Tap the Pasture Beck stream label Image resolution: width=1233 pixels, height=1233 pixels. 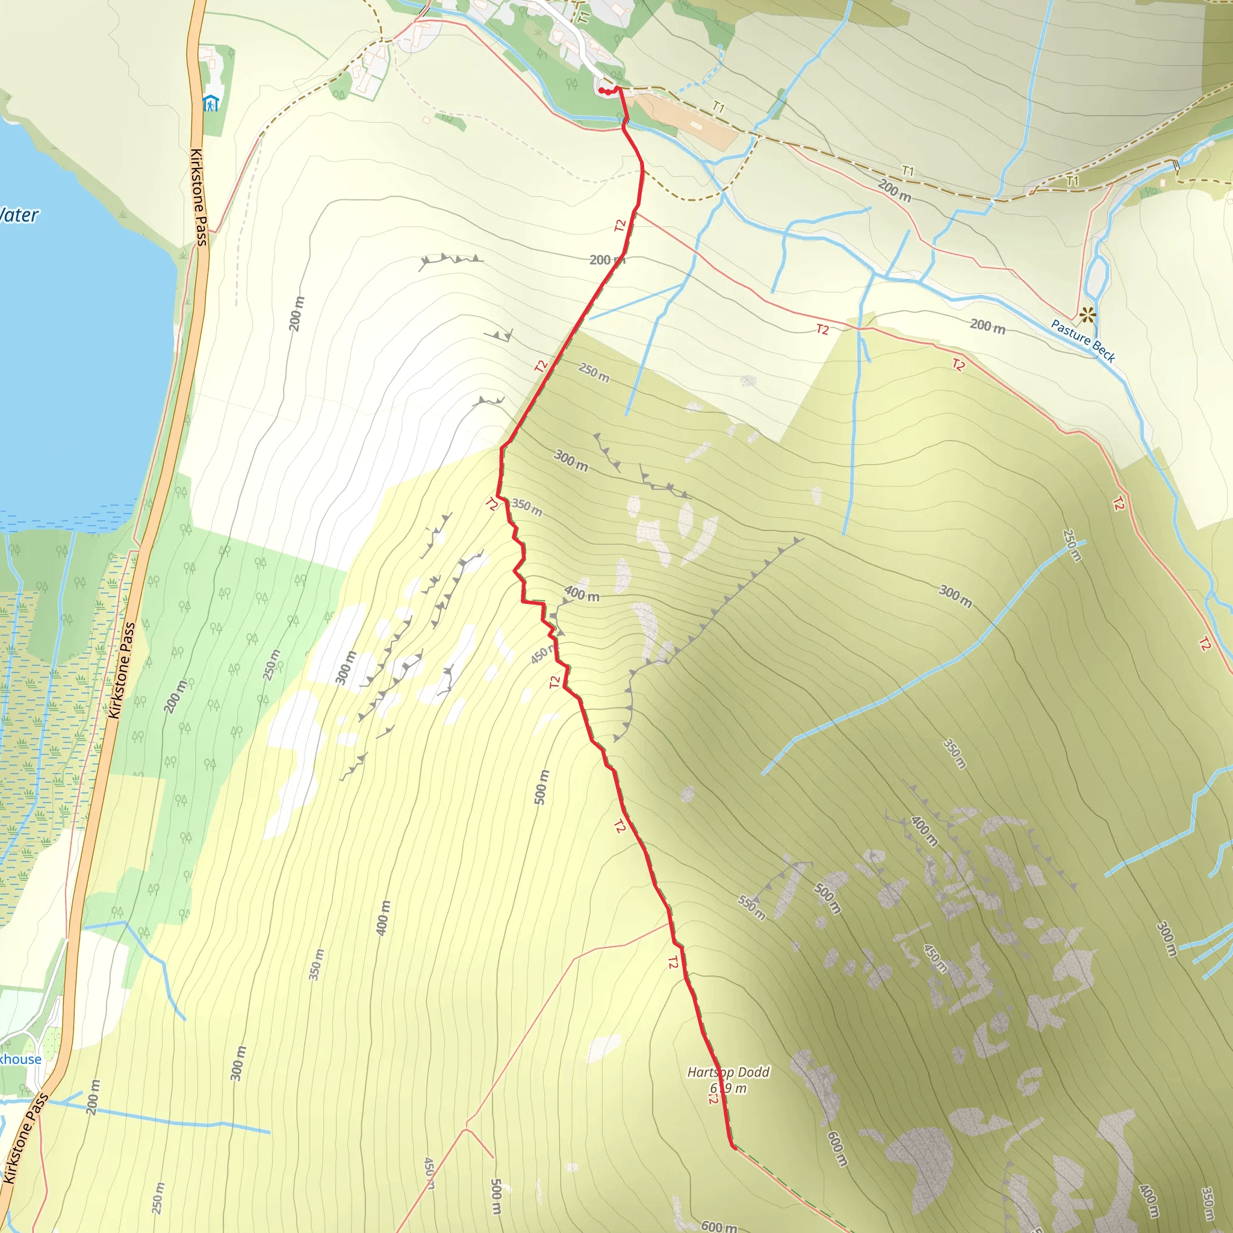(x=1082, y=341)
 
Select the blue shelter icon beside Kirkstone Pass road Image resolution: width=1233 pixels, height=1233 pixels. (x=211, y=103)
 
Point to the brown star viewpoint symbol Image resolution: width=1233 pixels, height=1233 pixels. (x=1087, y=315)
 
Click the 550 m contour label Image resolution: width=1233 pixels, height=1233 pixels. (x=751, y=907)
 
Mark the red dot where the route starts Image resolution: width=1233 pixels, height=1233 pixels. (x=603, y=92)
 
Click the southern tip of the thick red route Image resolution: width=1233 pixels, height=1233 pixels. (x=734, y=1148)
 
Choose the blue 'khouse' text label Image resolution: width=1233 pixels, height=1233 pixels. (x=20, y=1060)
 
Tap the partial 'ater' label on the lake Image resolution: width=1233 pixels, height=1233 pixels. (x=19, y=215)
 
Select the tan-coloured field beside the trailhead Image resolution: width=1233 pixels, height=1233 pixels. (x=683, y=118)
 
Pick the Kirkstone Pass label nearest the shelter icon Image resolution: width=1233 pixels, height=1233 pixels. (x=199, y=197)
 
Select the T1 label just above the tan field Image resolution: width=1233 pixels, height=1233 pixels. (x=718, y=107)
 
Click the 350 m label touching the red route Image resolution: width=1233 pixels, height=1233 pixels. (x=527, y=507)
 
